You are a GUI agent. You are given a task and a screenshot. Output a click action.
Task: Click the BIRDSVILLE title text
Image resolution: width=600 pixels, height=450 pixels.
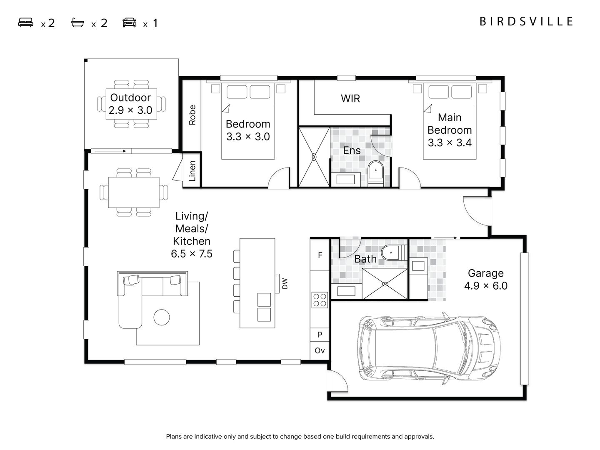pos(526,21)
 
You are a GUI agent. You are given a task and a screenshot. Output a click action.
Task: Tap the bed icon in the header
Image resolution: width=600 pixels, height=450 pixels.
pos(25,22)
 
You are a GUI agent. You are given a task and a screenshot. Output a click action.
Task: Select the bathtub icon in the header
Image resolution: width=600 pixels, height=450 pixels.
pos(77,22)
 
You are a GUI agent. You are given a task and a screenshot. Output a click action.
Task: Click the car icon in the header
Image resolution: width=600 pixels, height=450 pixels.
pos(129,22)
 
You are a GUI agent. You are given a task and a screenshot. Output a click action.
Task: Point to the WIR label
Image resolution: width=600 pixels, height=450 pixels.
pos(350,99)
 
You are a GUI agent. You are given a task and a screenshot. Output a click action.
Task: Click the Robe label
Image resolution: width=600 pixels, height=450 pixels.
pos(192,115)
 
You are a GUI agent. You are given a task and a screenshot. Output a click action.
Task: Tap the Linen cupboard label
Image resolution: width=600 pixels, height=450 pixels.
pos(192,171)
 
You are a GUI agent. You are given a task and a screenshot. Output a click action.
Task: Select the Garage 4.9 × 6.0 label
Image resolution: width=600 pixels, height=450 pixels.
pos(485,280)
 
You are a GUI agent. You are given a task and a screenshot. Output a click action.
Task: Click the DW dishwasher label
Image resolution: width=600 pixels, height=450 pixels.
pos(285,283)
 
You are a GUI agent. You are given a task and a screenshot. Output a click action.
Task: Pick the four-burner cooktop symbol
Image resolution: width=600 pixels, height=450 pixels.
pos(320,300)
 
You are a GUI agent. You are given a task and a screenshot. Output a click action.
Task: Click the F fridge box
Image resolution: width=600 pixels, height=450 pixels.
pos(320,255)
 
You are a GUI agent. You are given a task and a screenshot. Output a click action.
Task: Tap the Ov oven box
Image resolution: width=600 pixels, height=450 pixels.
pos(320,351)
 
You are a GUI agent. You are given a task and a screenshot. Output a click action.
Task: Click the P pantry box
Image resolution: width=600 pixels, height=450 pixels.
pos(320,335)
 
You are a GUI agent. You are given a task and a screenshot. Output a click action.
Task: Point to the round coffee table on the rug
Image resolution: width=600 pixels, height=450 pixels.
pos(162,317)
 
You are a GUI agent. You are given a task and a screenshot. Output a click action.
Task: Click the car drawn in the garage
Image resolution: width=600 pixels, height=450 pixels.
pos(428,349)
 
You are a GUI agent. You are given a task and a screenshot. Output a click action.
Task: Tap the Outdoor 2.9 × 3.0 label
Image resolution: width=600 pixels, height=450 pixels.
pos(130,104)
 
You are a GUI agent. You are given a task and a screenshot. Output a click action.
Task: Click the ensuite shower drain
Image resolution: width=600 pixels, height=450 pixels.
pos(314,157)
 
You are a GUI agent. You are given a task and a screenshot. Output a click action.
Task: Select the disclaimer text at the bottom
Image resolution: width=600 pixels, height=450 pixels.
pos(300,437)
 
